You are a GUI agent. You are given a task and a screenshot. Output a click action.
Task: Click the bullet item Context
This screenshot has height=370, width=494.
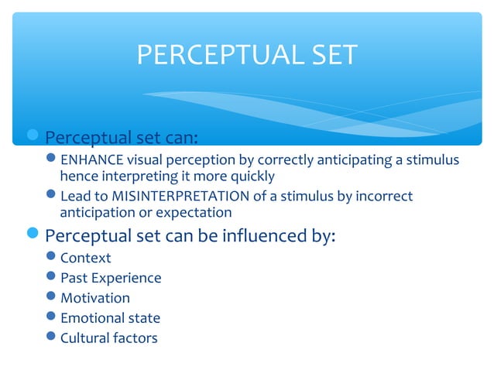click(85, 258)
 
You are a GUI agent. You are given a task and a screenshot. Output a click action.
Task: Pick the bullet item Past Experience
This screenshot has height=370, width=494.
click(111, 278)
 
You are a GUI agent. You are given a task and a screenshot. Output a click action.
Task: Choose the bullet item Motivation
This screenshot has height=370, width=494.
click(95, 298)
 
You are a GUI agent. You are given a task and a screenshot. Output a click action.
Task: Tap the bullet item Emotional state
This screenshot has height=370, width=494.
click(110, 318)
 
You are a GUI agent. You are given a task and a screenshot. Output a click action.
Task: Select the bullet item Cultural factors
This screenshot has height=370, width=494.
click(108, 338)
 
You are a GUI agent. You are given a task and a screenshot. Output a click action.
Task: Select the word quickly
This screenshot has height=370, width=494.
click(250, 176)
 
